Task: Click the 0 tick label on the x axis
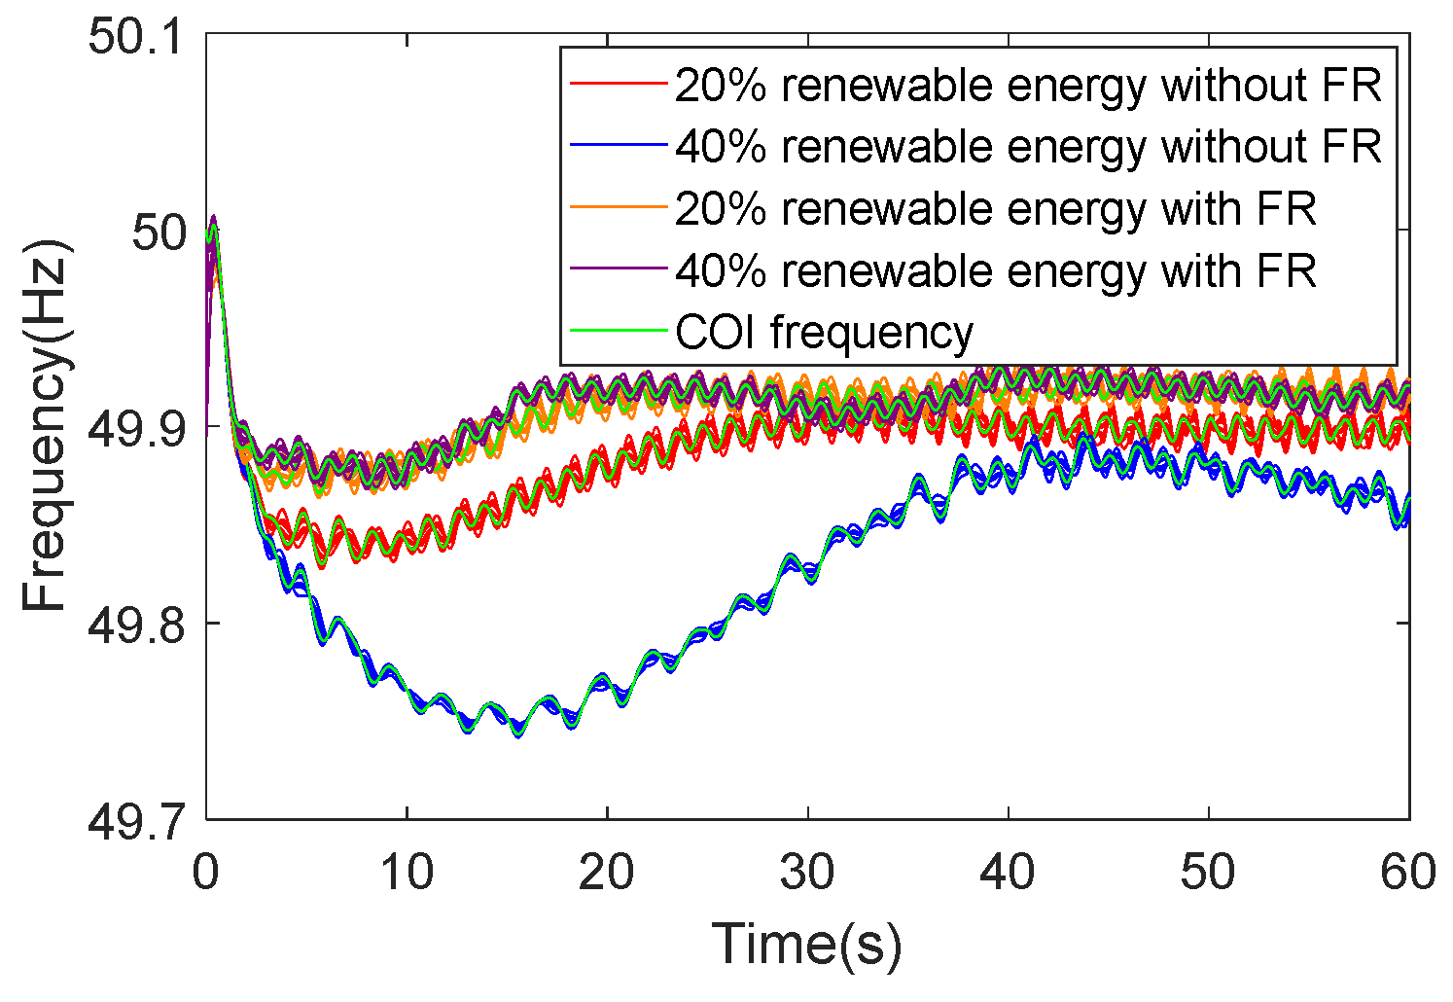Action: coord(205,873)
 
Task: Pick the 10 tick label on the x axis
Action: coord(407,873)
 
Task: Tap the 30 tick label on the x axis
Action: coord(807,873)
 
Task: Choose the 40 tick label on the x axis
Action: coord(1009,873)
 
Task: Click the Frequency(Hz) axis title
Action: coord(46,426)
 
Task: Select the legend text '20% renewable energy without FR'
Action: coord(1028,86)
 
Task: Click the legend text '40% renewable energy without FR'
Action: coord(1028,147)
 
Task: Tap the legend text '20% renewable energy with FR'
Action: coord(996,209)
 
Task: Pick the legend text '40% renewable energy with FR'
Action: coord(996,270)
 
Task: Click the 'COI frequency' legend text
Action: coord(824,333)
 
